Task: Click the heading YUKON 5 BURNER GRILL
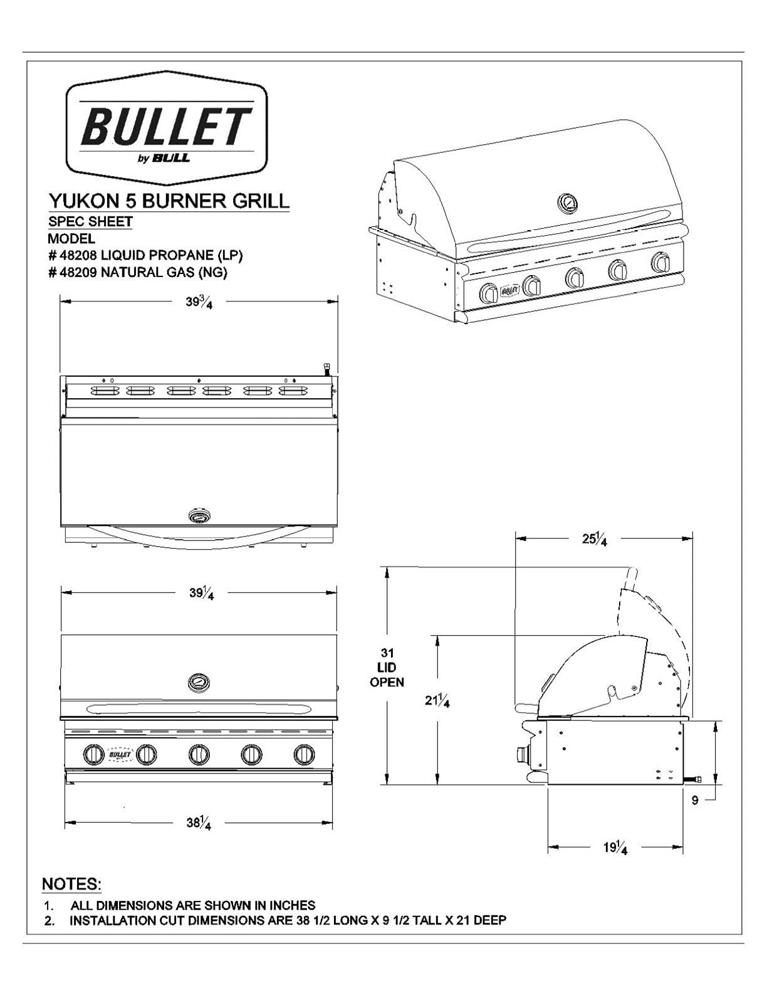click(x=169, y=201)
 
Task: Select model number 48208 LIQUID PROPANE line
click(x=145, y=255)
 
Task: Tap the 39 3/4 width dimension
click(x=199, y=302)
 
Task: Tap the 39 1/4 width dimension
click(x=201, y=592)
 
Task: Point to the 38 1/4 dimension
click(x=198, y=822)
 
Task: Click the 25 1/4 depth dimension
click(x=594, y=538)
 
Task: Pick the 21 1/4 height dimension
click(x=437, y=701)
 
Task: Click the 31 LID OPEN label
click(x=387, y=668)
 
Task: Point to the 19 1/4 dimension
click(x=615, y=848)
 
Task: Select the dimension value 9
click(x=695, y=800)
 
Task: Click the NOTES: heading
click(x=71, y=884)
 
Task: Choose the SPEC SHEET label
click(x=90, y=221)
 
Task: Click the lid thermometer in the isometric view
click(x=568, y=203)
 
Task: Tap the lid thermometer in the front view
click(x=199, y=682)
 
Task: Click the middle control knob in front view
click(x=199, y=754)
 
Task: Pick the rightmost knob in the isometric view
click(x=660, y=263)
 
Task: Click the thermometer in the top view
click(x=200, y=517)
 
